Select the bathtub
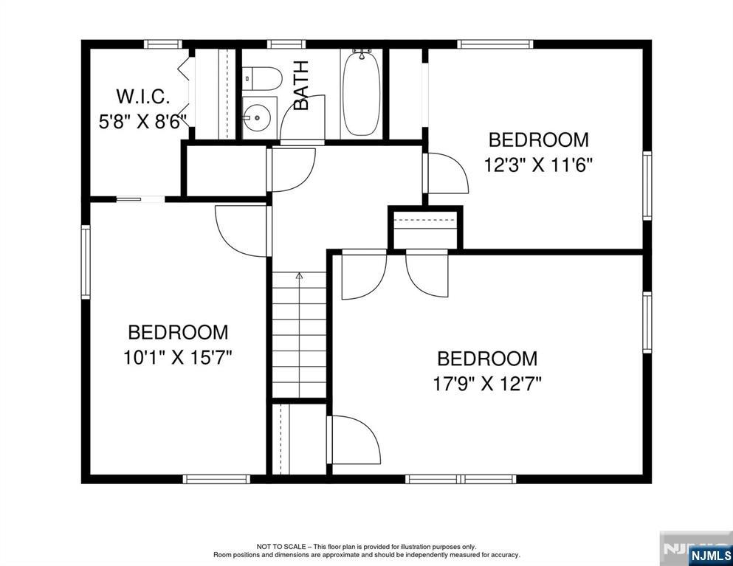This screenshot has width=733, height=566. click(361, 93)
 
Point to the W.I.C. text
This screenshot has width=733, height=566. click(143, 96)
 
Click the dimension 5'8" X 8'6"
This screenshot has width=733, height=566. click(143, 121)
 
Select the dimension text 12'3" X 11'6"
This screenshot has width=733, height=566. click(539, 165)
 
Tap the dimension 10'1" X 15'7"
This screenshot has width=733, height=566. click(178, 358)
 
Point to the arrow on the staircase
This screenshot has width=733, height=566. click(299, 276)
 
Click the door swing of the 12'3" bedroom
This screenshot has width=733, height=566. click(447, 173)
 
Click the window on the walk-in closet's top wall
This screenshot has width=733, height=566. click(163, 44)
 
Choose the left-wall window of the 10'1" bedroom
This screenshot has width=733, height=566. click(86, 262)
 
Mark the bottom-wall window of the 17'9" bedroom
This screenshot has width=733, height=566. click(461, 479)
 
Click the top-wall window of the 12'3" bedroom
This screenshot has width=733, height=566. click(495, 44)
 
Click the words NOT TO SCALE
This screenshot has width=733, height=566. click(281, 547)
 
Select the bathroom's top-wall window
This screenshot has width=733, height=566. click(286, 44)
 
